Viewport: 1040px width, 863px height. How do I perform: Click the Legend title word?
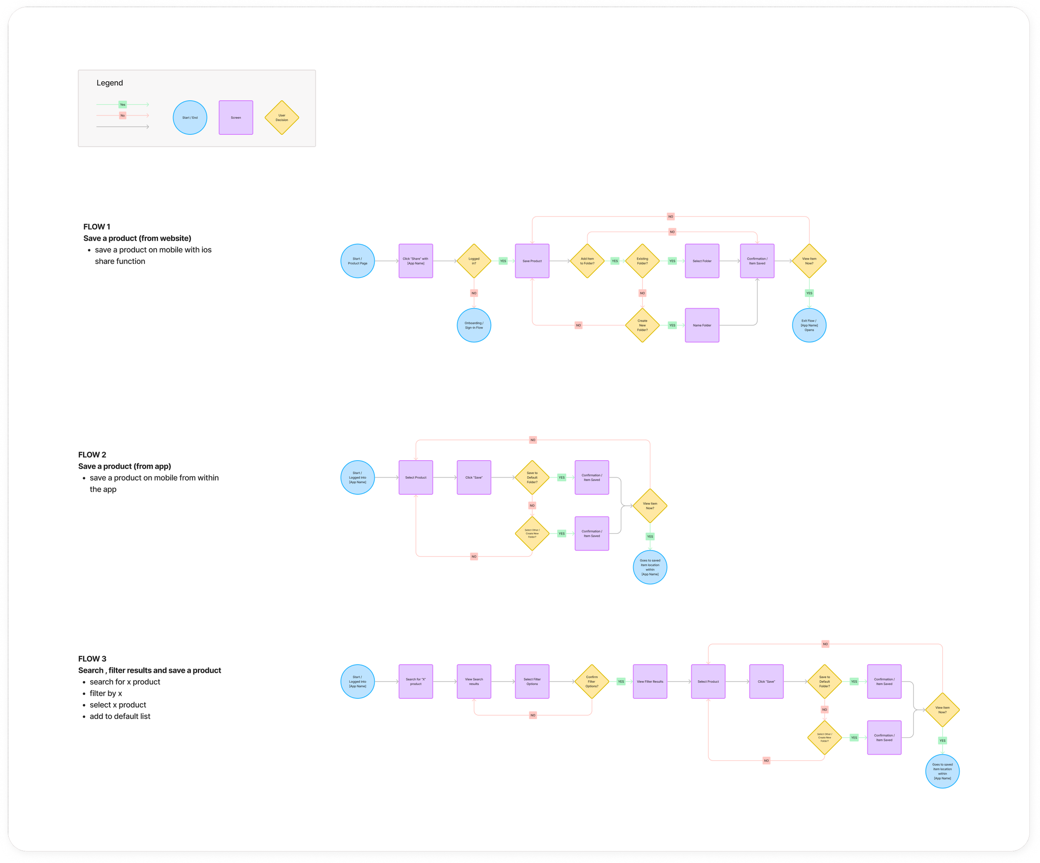[109, 83]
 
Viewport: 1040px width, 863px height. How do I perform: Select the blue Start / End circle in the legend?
[190, 117]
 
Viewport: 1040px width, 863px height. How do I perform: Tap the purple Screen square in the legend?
[236, 117]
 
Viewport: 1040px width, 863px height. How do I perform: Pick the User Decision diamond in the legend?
[282, 117]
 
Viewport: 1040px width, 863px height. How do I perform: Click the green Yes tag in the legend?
[123, 104]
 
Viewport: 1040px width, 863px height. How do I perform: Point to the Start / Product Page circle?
[358, 261]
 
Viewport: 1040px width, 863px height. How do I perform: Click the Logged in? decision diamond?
[474, 261]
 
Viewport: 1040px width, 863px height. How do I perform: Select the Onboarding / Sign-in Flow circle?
[474, 325]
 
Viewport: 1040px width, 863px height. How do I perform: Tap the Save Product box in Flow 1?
[532, 261]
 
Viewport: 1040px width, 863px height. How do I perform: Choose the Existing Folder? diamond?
[642, 261]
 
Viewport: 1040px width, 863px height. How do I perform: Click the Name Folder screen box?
[702, 325]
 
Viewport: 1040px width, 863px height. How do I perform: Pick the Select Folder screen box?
[702, 261]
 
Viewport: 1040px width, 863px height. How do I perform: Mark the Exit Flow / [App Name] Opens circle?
[809, 325]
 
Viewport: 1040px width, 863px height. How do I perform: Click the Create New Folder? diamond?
[642, 325]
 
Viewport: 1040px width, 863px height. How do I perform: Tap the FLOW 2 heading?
[92, 455]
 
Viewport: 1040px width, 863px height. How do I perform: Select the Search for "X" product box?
[416, 682]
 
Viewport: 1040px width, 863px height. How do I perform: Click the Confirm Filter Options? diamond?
[592, 682]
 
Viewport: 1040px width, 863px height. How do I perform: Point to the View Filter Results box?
[650, 682]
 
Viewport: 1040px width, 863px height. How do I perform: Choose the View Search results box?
[474, 682]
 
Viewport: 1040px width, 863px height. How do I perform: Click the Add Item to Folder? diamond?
[587, 261]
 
